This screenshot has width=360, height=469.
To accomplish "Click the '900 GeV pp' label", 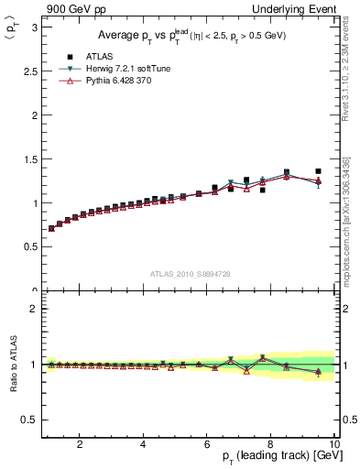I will tap(73, 8).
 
